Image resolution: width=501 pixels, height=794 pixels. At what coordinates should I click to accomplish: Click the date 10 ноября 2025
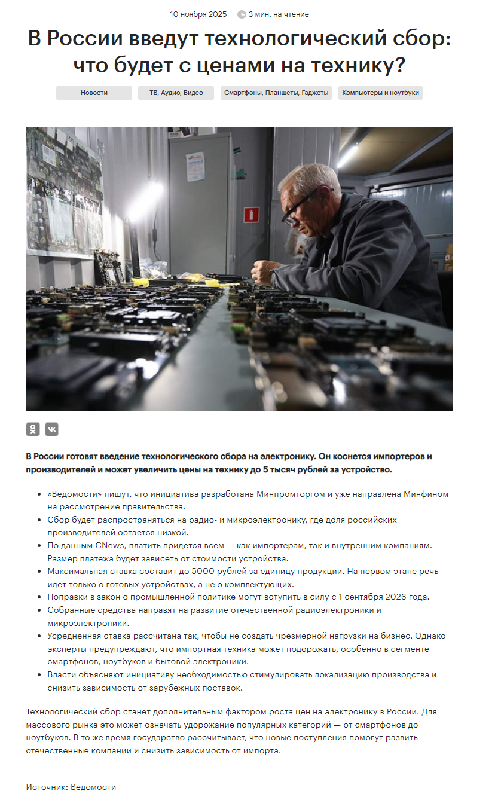point(198,14)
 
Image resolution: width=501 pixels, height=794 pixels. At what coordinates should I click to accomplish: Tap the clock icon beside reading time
point(242,14)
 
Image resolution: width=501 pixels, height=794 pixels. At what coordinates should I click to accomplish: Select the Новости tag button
point(94,93)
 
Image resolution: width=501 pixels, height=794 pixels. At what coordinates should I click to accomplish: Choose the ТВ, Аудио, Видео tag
point(176,93)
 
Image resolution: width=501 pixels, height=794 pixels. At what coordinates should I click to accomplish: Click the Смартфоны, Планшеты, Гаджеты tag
point(276,93)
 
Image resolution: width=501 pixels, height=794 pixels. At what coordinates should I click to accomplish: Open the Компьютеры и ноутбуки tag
point(380,93)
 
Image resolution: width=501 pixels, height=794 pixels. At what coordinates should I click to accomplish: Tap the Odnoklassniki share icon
point(33,429)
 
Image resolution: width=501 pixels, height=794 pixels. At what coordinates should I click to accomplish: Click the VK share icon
point(52,429)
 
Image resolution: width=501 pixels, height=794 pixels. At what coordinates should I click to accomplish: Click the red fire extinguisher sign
point(252,214)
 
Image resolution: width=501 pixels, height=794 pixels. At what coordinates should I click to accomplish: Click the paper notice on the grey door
point(195,166)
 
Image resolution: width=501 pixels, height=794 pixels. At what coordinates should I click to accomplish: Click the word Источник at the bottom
point(46,787)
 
